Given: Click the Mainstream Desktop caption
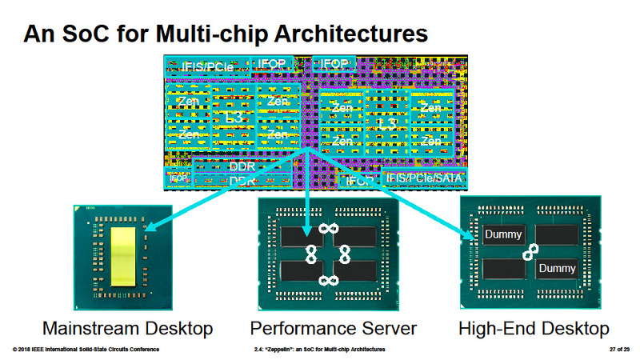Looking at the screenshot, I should [127, 328].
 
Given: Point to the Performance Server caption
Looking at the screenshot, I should [333, 328].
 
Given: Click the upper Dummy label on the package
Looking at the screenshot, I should [505, 235].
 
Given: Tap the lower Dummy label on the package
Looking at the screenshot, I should [556, 269].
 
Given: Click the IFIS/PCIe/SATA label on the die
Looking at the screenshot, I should [422, 178].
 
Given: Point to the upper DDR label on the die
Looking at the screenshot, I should [241, 166].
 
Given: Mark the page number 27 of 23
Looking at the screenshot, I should [612, 350].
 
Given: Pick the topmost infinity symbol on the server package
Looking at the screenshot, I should [326, 229].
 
